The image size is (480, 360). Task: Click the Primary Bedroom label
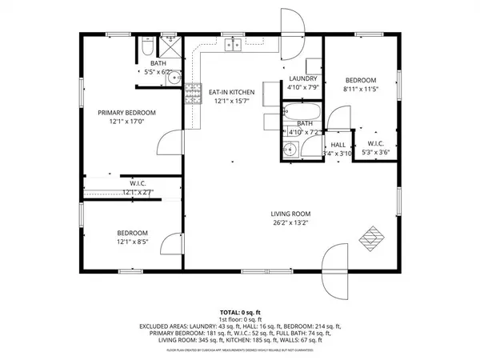[x=126, y=113]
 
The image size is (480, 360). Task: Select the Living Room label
[x=290, y=214]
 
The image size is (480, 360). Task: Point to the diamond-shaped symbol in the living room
[x=373, y=238]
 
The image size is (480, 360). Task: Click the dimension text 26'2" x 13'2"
[x=290, y=223]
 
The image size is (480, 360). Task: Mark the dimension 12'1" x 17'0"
[x=126, y=122]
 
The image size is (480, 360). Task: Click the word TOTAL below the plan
[x=230, y=310]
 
